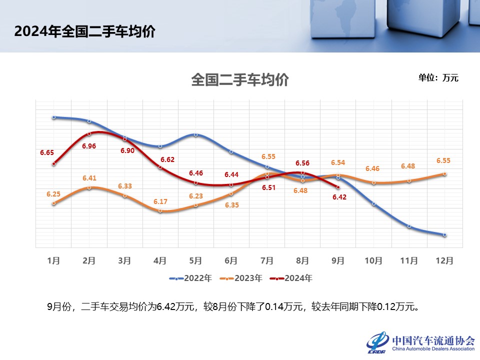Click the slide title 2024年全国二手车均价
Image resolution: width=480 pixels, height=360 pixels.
tap(84, 31)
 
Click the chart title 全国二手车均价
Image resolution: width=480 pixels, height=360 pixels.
tap(240, 80)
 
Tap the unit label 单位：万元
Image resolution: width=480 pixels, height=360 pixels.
tap(438, 77)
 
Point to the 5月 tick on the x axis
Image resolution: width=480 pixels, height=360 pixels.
tap(195, 260)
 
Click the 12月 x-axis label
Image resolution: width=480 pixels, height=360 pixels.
tap(444, 260)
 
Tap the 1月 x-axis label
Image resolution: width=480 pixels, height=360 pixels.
tap(53, 260)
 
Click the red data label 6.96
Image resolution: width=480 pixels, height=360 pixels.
tap(89, 146)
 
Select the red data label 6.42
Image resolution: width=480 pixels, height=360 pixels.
tap(338, 197)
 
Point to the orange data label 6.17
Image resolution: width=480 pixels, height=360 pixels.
tap(160, 201)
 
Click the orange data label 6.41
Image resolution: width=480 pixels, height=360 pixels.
tap(89, 177)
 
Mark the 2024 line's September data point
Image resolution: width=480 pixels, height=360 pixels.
tap(338, 187)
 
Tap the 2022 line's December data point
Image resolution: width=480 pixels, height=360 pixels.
tap(444, 234)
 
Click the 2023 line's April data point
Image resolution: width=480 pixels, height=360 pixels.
tap(160, 210)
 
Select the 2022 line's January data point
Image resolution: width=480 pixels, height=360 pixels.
tap(53, 117)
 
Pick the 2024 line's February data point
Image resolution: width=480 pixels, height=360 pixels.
tap(89, 133)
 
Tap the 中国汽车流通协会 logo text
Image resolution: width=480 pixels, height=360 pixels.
tap(433, 340)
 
